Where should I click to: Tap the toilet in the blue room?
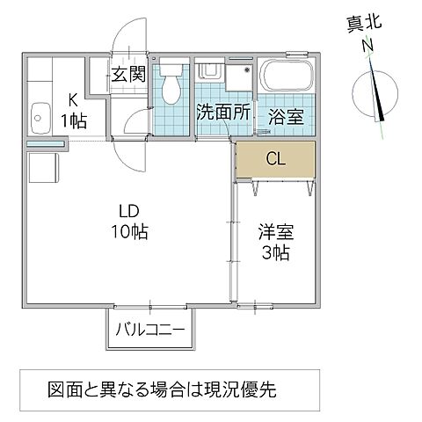[171, 84]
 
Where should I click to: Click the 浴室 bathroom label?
[287, 113]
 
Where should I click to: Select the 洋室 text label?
[274, 234]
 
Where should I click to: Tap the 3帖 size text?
[274, 253]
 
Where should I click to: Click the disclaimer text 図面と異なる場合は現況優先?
[166, 388]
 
